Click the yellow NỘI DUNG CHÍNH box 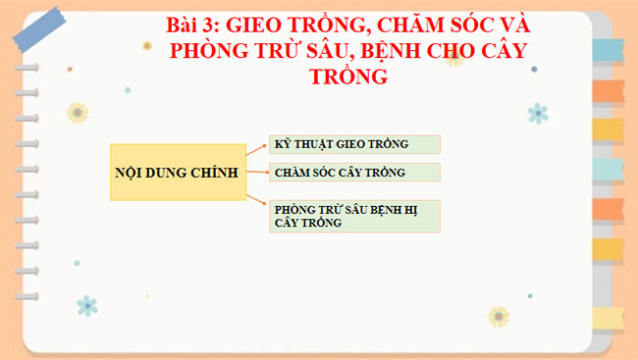[177, 173]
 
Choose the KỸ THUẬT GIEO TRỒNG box [354, 144]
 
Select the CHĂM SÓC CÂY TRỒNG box [354, 173]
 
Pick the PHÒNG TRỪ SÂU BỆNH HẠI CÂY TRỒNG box [354, 216]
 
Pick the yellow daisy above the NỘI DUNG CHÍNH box [79, 110]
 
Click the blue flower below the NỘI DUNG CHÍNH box [87, 305]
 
